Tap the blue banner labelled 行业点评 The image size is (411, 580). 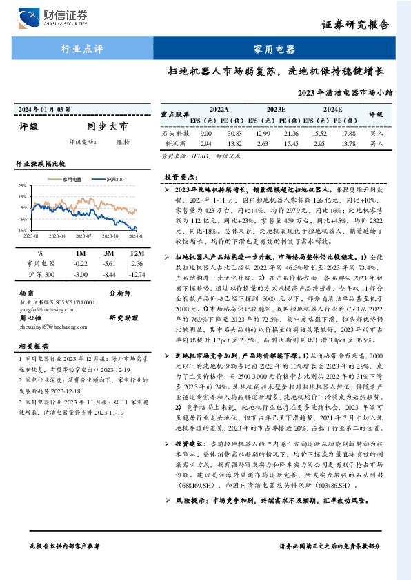82,50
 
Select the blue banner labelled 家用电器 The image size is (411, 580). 274,50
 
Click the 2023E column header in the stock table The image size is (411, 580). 276,109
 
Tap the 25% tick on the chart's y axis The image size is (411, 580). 23,186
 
